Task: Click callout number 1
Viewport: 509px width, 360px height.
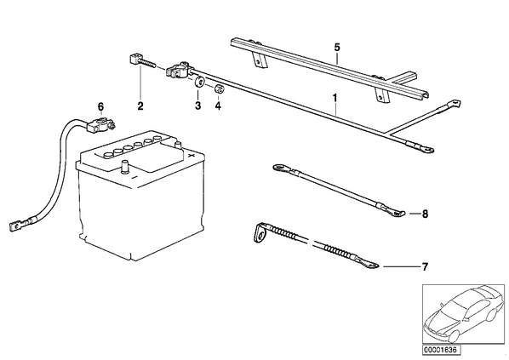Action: pos(335,97)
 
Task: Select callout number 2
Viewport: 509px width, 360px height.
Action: pos(140,106)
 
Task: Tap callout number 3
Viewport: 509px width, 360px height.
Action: pos(198,106)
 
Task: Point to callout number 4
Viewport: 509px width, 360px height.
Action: pos(218,106)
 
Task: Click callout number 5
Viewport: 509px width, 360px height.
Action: pos(337,48)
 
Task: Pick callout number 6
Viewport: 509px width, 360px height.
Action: pos(100,106)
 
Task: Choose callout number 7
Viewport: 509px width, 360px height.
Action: pos(425,267)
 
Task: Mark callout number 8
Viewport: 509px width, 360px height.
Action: pos(425,214)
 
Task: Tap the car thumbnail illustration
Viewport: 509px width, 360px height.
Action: pos(463,314)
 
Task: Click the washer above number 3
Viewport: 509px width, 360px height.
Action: pos(199,82)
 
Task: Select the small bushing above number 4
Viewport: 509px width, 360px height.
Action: pos(219,89)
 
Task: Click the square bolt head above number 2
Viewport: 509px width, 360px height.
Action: pos(133,60)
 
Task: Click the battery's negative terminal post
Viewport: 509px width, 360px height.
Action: pos(125,167)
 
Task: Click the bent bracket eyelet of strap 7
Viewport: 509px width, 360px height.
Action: pos(259,232)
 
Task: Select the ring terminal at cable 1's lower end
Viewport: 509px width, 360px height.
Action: pos(426,149)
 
